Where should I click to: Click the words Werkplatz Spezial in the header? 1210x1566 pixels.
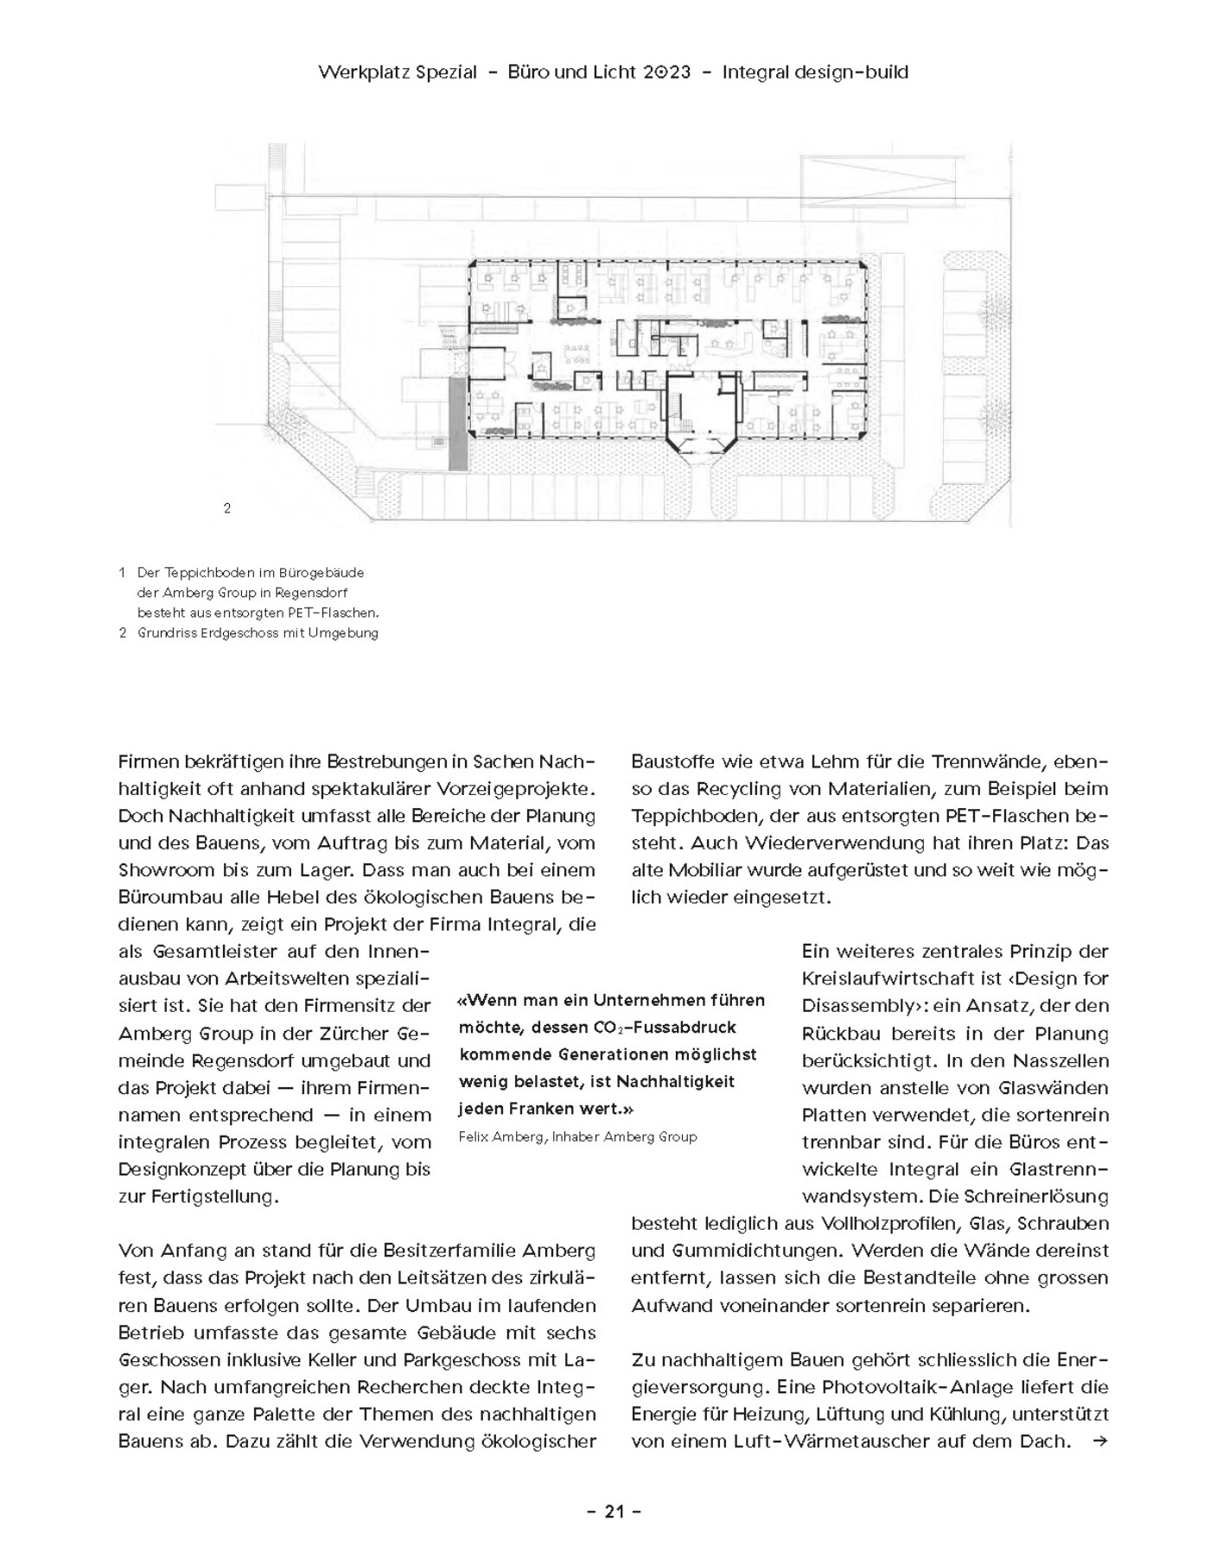[x=397, y=73]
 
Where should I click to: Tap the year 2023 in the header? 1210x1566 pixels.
[x=666, y=73]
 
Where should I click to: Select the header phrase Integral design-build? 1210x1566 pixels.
[x=815, y=73]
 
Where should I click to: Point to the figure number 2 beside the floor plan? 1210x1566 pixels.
[x=227, y=508]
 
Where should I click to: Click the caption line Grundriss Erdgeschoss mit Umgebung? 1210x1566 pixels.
[x=258, y=633]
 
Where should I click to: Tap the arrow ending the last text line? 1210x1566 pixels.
[x=1099, y=1442]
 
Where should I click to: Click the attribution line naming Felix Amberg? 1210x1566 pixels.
[x=577, y=1136]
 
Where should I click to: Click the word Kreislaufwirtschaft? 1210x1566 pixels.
[x=882, y=979]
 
